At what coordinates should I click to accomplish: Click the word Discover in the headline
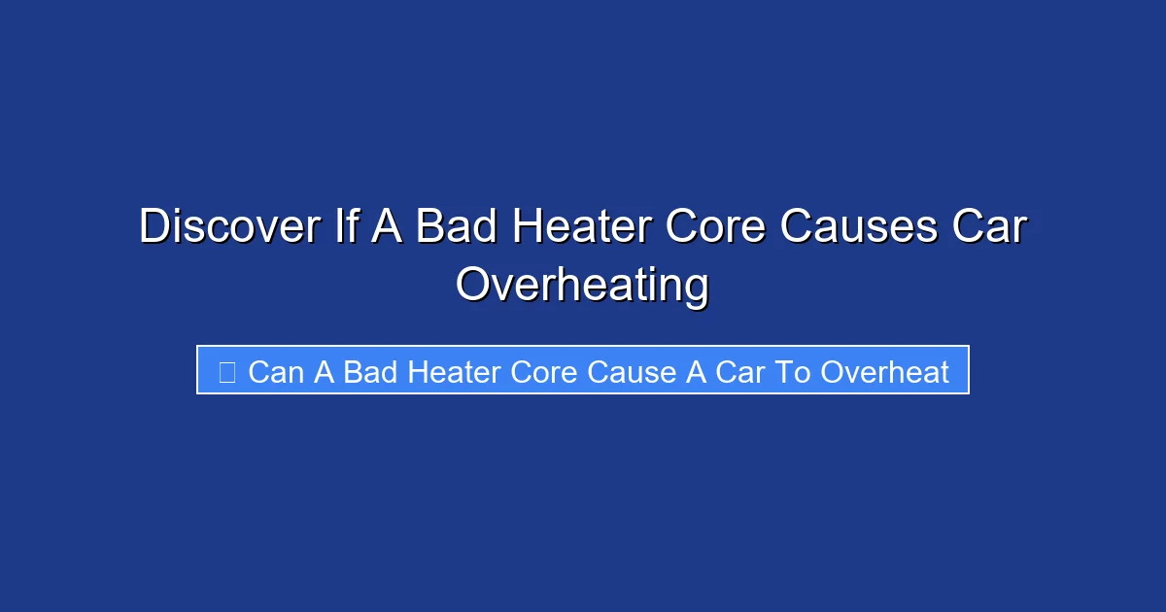point(229,227)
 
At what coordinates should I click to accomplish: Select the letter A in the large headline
point(394,227)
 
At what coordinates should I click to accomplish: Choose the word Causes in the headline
point(859,227)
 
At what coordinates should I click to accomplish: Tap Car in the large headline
point(989,227)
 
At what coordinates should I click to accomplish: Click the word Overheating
point(582,286)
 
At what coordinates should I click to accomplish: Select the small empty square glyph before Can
point(227,372)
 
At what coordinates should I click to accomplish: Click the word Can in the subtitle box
point(275,372)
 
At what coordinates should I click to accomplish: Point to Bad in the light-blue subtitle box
point(370,372)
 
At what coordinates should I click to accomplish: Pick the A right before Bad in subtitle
point(323,372)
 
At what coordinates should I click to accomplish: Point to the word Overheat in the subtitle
point(884,372)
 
